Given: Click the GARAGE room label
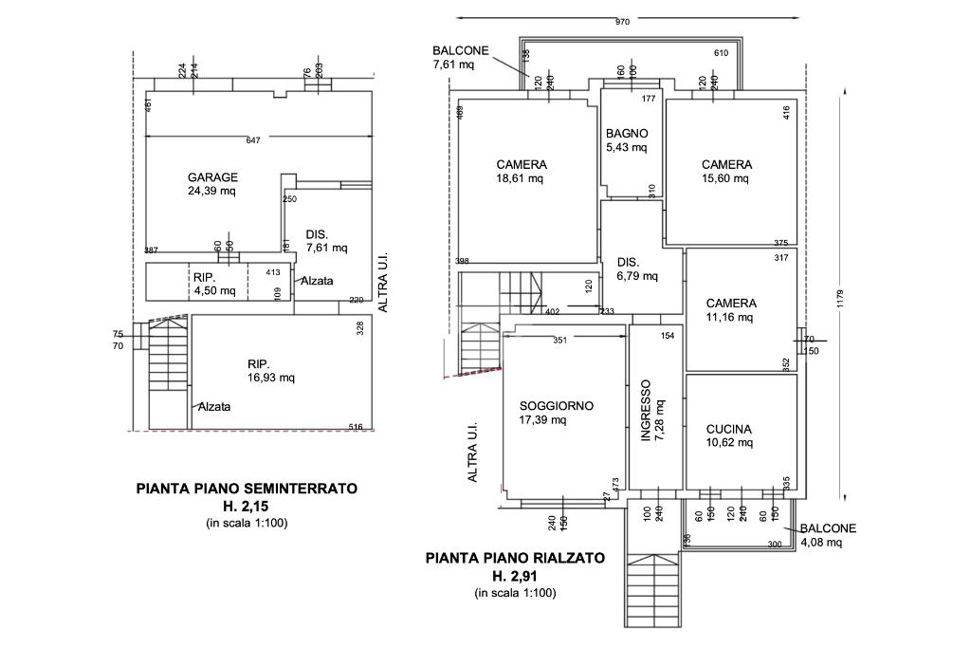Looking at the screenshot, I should [212, 177].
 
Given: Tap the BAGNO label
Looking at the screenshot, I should [627, 134].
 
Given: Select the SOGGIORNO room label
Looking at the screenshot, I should [556, 405].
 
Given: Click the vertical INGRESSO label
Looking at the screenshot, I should [647, 412].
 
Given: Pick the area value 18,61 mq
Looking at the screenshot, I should [521, 178].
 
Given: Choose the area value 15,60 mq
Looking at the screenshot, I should [726, 178].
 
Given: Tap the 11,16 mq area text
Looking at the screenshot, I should [730, 317].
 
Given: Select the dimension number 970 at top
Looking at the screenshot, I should [622, 22].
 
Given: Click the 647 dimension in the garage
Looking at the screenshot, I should [252, 141].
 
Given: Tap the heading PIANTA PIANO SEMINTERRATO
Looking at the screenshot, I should [247, 490].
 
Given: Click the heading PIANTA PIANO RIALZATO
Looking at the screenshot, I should [515, 559].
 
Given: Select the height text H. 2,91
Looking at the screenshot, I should [515, 576].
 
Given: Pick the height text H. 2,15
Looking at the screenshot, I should [247, 507].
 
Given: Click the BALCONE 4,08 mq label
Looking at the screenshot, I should [828, 536].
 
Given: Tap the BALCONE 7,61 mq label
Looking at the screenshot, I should [460, 58].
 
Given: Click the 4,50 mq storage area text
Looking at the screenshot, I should [214, 290].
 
